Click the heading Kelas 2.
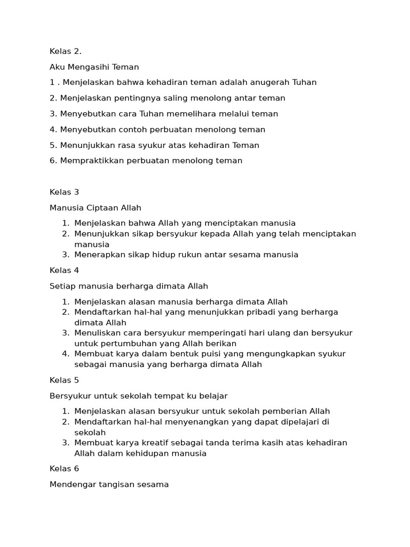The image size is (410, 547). pyautogui.click(x=65, y=51)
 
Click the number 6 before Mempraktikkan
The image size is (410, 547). pyautogui.click(x=52, y=161)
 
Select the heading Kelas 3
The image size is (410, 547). pyautogui.click(x=64, y=192)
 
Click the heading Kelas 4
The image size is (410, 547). pyautogui.click(x=64, y=270)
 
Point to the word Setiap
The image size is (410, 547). pyautogui.click(x=61, y=286)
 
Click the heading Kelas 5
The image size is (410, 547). pyautogui.click(x=64, y=380)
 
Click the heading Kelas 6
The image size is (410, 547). pyautogui.click(x=64, y=469)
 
